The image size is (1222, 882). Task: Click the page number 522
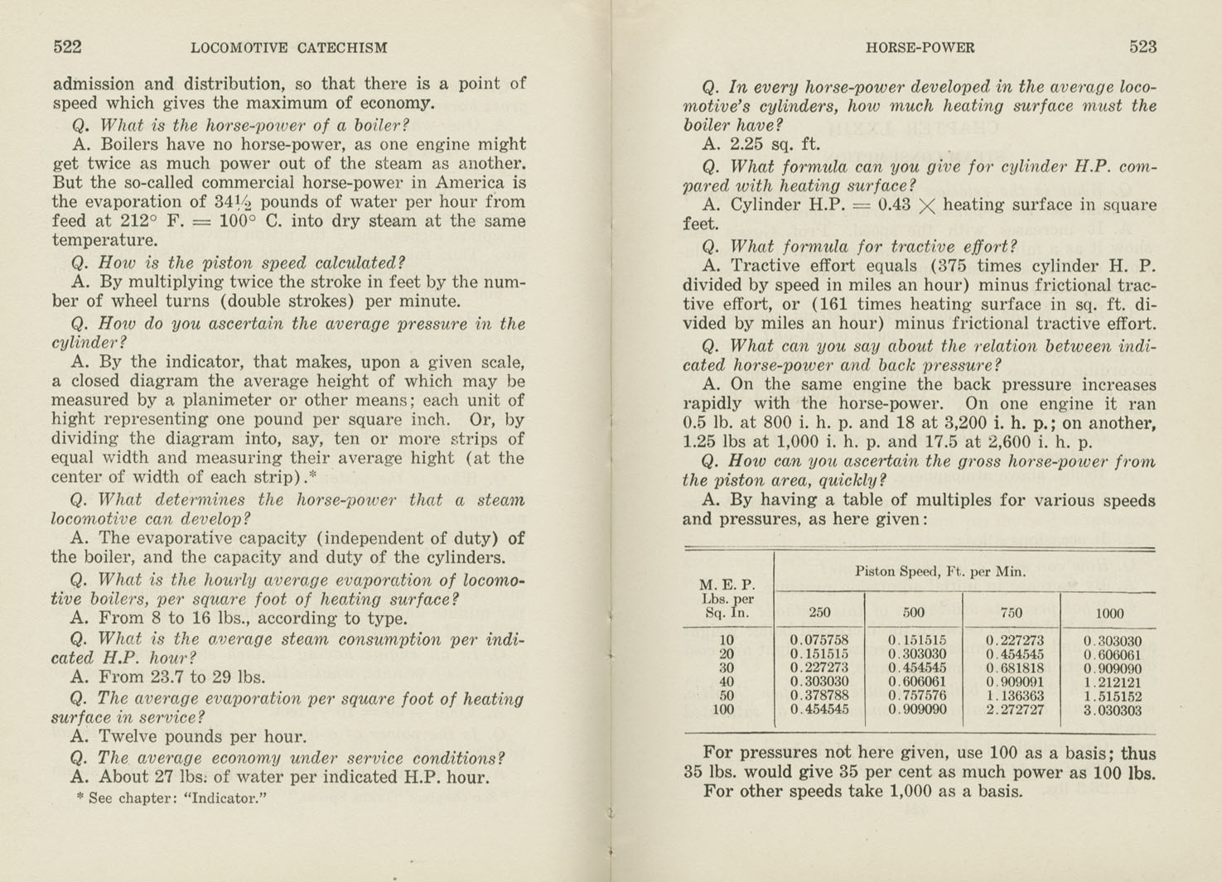67,47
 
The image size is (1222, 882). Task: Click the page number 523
1142,47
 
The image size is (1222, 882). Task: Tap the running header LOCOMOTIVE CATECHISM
288,48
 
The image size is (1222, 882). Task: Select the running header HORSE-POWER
920,48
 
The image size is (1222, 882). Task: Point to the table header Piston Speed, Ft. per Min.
940,571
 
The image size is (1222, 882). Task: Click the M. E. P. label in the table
727,585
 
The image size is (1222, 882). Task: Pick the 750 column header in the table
1011,613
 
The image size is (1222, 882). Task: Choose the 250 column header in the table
819,613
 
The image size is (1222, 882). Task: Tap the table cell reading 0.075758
819,640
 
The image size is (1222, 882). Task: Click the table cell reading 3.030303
1113,711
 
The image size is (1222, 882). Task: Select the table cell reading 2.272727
1015,711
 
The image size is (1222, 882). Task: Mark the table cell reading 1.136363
1015,696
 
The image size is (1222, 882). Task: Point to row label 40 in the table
726,682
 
